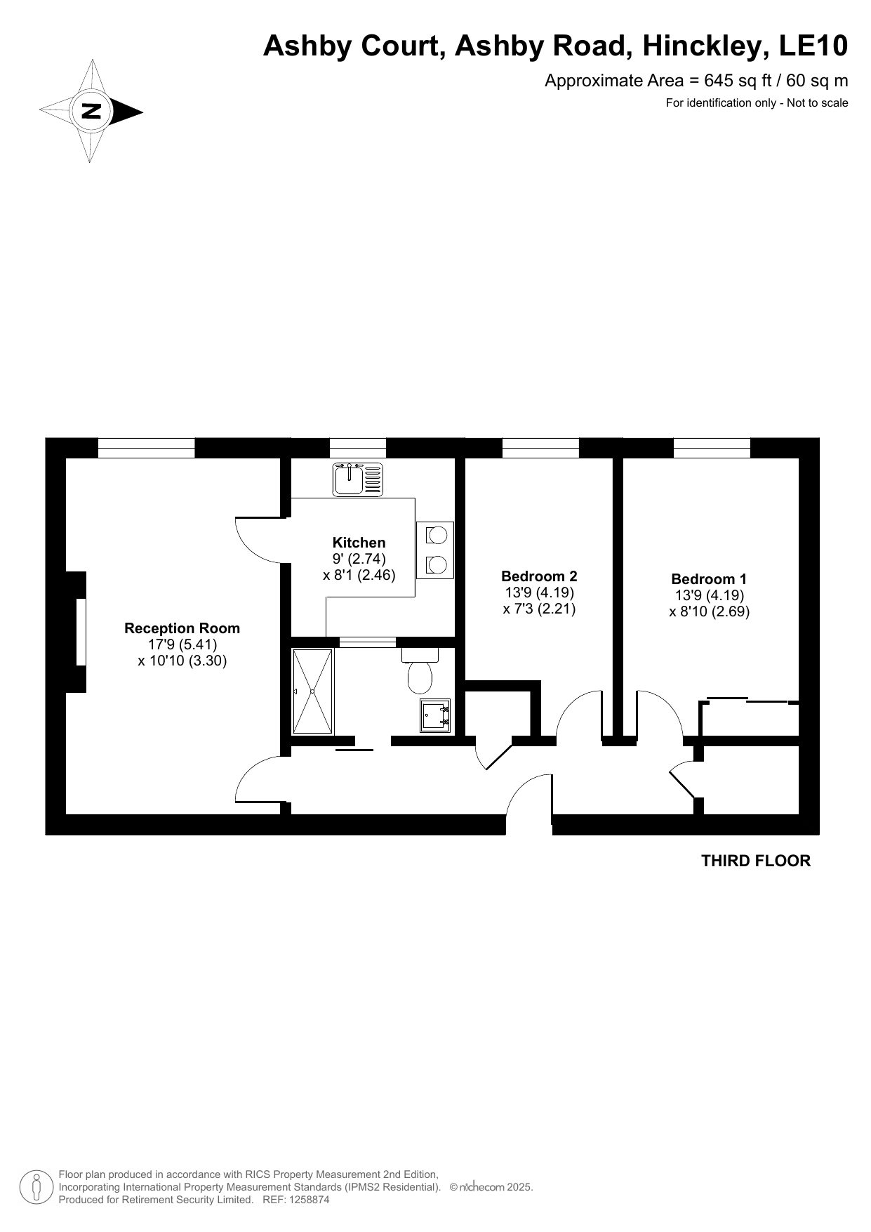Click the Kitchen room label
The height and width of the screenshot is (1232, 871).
[x=359, y=543]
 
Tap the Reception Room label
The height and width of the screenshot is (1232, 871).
[x=182, y=628]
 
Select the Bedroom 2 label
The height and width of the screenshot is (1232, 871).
[x=539, y=576]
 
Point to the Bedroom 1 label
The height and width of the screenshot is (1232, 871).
[x=709, y=579]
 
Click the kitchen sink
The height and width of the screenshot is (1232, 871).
[x=359, y=479]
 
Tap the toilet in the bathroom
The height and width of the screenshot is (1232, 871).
[x=420, y=671]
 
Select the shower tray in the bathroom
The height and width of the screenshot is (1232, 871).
[x=312, y=691]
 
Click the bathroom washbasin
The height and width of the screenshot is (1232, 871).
[x=435, y=715]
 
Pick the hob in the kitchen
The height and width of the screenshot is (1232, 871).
[x=435, y=550]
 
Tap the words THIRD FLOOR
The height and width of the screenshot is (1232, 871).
[x=756, y=861]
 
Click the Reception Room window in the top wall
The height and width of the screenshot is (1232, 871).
[x=146, y=448]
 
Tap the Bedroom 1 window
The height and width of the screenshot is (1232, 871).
[x=712, y=448]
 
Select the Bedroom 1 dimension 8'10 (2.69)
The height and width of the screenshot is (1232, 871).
[x=709, y=611]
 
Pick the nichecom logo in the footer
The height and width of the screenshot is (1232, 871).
[x=481, y=1187]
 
